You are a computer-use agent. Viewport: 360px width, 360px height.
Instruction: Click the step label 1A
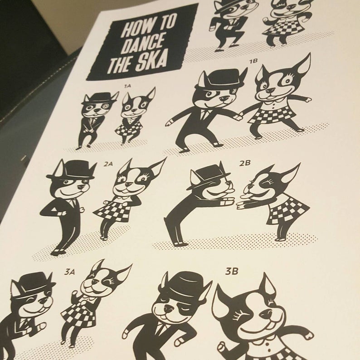[127, 86]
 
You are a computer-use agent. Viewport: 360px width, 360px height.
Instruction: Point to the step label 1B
[253, 61]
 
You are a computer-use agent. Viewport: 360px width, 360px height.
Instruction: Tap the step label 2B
[244, 163]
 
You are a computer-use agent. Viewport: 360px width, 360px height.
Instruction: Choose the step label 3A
[69, 272]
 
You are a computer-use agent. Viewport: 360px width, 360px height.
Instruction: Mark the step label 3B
[231, 272]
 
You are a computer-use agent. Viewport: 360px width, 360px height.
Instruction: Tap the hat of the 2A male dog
[72, 170]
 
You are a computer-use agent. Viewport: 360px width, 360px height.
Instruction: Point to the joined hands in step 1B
[239, 116]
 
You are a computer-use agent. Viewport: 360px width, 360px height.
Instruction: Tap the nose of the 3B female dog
[266, 313]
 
